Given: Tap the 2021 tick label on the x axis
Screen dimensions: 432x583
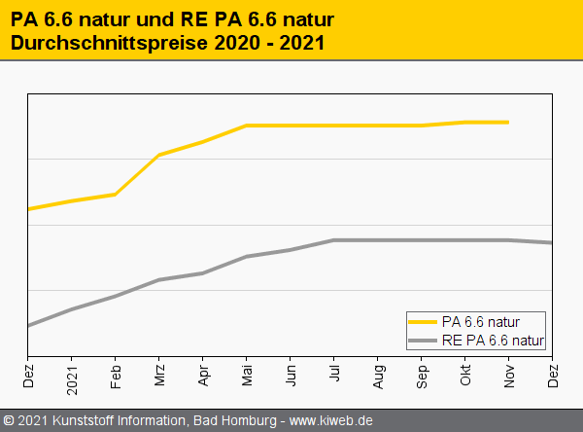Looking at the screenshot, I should pos(72,377).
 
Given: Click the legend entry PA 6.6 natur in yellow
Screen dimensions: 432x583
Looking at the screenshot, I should pos(480,321).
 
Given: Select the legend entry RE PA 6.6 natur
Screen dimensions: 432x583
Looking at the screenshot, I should pos(493,340).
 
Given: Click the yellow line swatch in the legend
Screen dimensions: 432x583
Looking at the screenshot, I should pos(424,321).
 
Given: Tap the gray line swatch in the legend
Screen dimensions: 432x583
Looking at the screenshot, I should pos(424,340).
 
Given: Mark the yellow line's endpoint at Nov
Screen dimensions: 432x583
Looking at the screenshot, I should pos(508,123).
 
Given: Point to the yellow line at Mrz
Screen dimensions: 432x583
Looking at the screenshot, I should pos(159,155).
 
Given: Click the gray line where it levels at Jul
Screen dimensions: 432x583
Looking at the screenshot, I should pos(334,240).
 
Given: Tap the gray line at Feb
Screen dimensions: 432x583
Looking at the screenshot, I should pos(116,296).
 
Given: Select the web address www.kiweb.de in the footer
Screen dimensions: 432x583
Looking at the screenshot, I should pos(331,421).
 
